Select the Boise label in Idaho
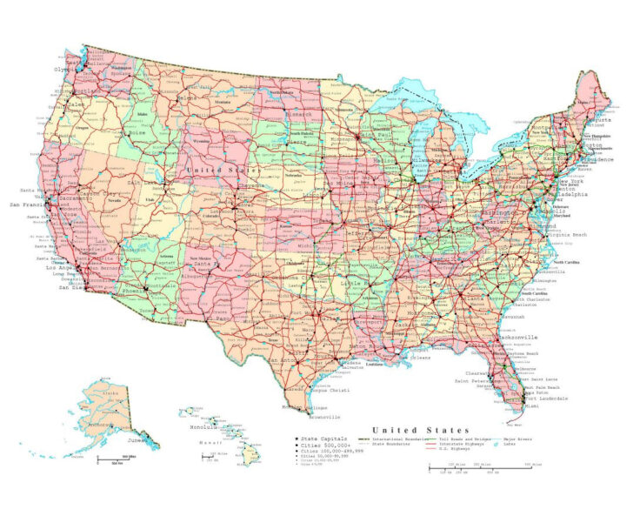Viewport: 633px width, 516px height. tap(137, 132)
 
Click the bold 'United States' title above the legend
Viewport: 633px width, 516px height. tap(420, 430)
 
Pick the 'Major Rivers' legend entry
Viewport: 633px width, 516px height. tap(516, 440)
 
